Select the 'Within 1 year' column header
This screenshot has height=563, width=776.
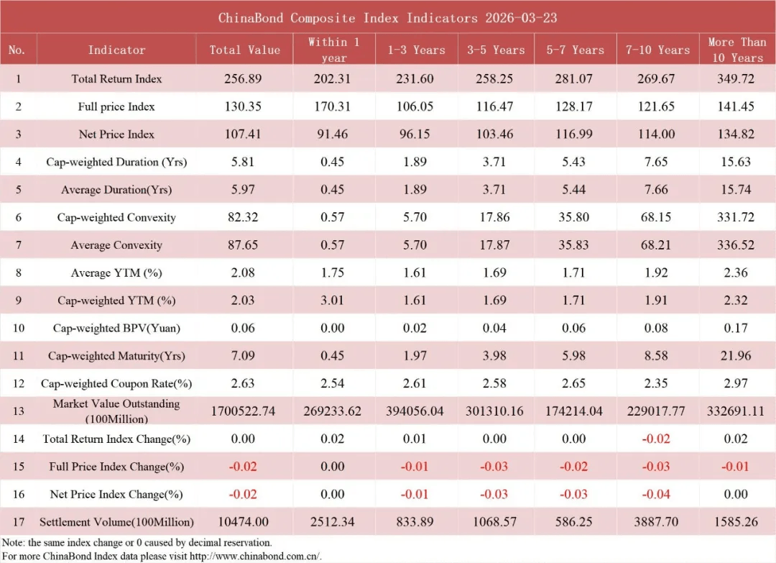coord(333,50)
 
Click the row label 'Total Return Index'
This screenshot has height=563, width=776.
coord(116,78)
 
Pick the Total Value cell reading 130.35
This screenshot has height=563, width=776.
coord(244,106)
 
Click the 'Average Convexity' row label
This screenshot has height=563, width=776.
coord(116,245)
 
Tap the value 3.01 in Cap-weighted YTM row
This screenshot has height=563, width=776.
coord(333,301)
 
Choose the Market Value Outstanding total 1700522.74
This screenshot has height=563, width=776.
coord(244,411)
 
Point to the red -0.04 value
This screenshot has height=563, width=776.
coord(655,494)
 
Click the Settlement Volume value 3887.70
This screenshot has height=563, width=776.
coord(655,521)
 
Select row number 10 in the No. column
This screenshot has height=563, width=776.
coord(19,328)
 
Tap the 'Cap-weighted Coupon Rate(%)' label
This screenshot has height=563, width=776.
coord(116,383)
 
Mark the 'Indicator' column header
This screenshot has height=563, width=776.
coord(116,50)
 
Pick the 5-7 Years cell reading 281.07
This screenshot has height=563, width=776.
coord(574,78)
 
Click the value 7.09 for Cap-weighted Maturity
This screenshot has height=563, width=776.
coord(244,356)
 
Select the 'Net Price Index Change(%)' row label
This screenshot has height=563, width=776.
coord(116,494)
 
